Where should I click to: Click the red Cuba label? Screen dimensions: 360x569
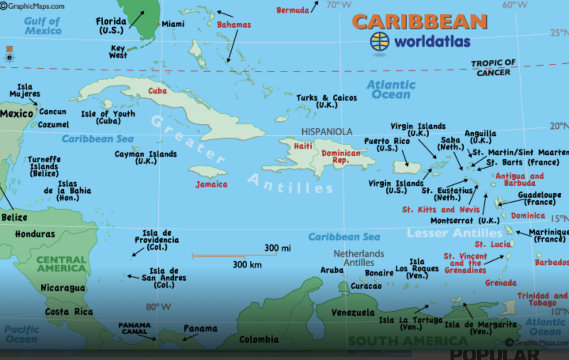157,91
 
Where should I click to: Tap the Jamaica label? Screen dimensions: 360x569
211,184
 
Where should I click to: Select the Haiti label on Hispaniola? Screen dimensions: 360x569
303,146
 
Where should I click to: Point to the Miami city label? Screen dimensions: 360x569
173,24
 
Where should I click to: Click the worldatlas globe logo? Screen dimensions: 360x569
379,42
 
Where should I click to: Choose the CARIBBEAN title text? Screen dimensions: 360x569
419,22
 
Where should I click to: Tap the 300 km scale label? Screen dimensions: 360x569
247,265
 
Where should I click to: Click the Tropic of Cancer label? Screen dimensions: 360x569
493,68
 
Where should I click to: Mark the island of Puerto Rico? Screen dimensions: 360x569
406,167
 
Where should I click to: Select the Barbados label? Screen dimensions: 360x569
551,262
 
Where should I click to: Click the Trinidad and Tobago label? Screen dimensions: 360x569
542,299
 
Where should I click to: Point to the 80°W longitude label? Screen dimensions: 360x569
158,307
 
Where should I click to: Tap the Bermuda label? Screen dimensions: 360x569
292,10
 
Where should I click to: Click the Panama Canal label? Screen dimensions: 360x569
135,328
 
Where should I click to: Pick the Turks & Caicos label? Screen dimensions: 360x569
326,101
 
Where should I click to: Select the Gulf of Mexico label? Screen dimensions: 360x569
43,26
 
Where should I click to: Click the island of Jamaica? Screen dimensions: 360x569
208,172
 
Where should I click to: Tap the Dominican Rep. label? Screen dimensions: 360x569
341,157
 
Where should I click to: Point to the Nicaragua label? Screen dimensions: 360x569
63,288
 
